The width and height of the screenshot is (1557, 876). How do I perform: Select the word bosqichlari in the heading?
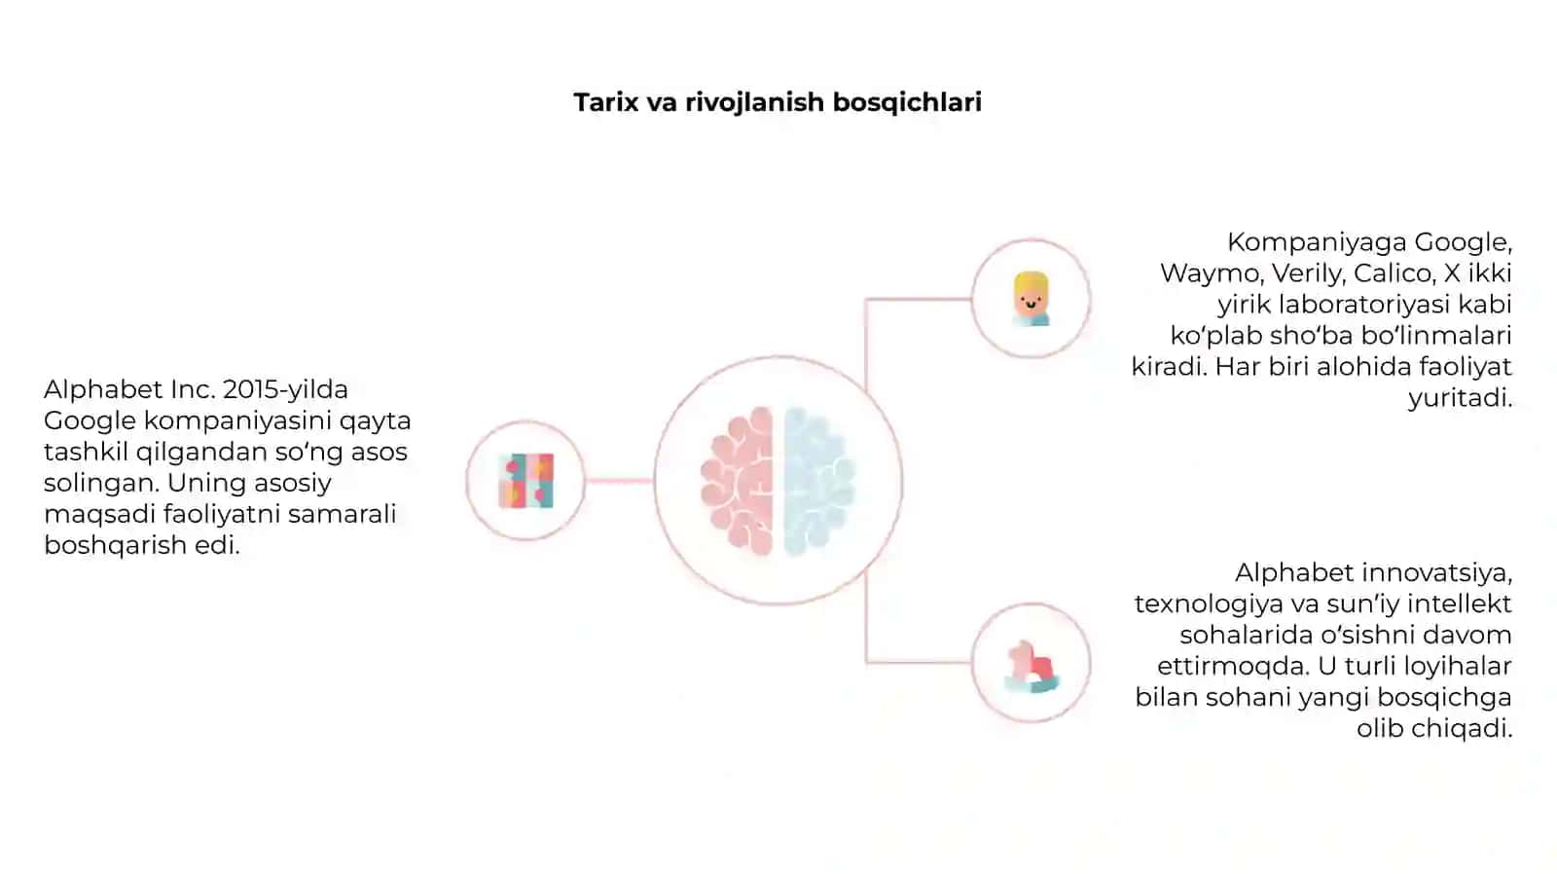pos(907,103)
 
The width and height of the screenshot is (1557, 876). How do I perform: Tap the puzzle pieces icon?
pos(526,481)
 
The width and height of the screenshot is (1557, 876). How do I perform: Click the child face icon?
pos(1031,299)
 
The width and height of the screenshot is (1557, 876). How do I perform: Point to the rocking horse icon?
pos(1032,667)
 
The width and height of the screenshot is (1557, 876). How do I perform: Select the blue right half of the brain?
pos(819,481)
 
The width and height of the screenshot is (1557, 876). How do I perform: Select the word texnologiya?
pos(1208,604)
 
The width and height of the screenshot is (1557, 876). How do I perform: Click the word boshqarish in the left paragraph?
pos(116,545)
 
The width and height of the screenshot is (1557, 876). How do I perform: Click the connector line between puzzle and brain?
pos(619,481)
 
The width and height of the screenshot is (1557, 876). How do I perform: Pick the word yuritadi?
pos(1461,398)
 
